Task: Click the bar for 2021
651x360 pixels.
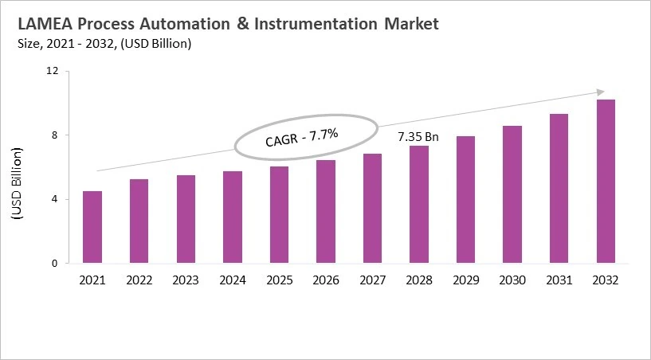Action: [92, 227]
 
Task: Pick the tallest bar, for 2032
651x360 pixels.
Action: [605, 181]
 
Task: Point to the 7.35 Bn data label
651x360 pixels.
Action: [418, 138]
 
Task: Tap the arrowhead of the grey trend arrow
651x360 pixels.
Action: [601, 92]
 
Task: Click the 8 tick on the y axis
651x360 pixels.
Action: [55, 135]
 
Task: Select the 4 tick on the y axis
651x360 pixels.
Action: [55, 199]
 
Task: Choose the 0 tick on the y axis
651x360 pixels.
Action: [55, 264]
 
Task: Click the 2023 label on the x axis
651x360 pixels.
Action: [186, 280]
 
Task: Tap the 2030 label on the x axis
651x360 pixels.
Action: [512, 280]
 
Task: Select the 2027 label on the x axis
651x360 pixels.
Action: [372, 280]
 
